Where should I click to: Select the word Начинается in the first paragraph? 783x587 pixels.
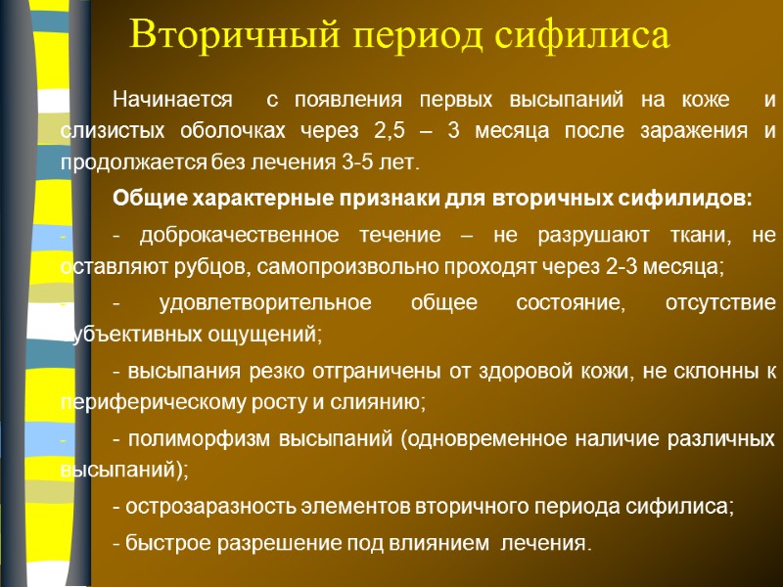pos(174,100)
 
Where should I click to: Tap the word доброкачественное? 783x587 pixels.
pos(241,236)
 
